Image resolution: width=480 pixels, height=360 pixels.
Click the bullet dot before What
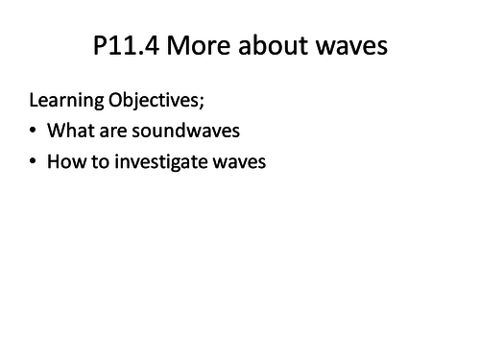coord(35,132)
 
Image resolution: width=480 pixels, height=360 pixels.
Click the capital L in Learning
coord(35,101)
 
